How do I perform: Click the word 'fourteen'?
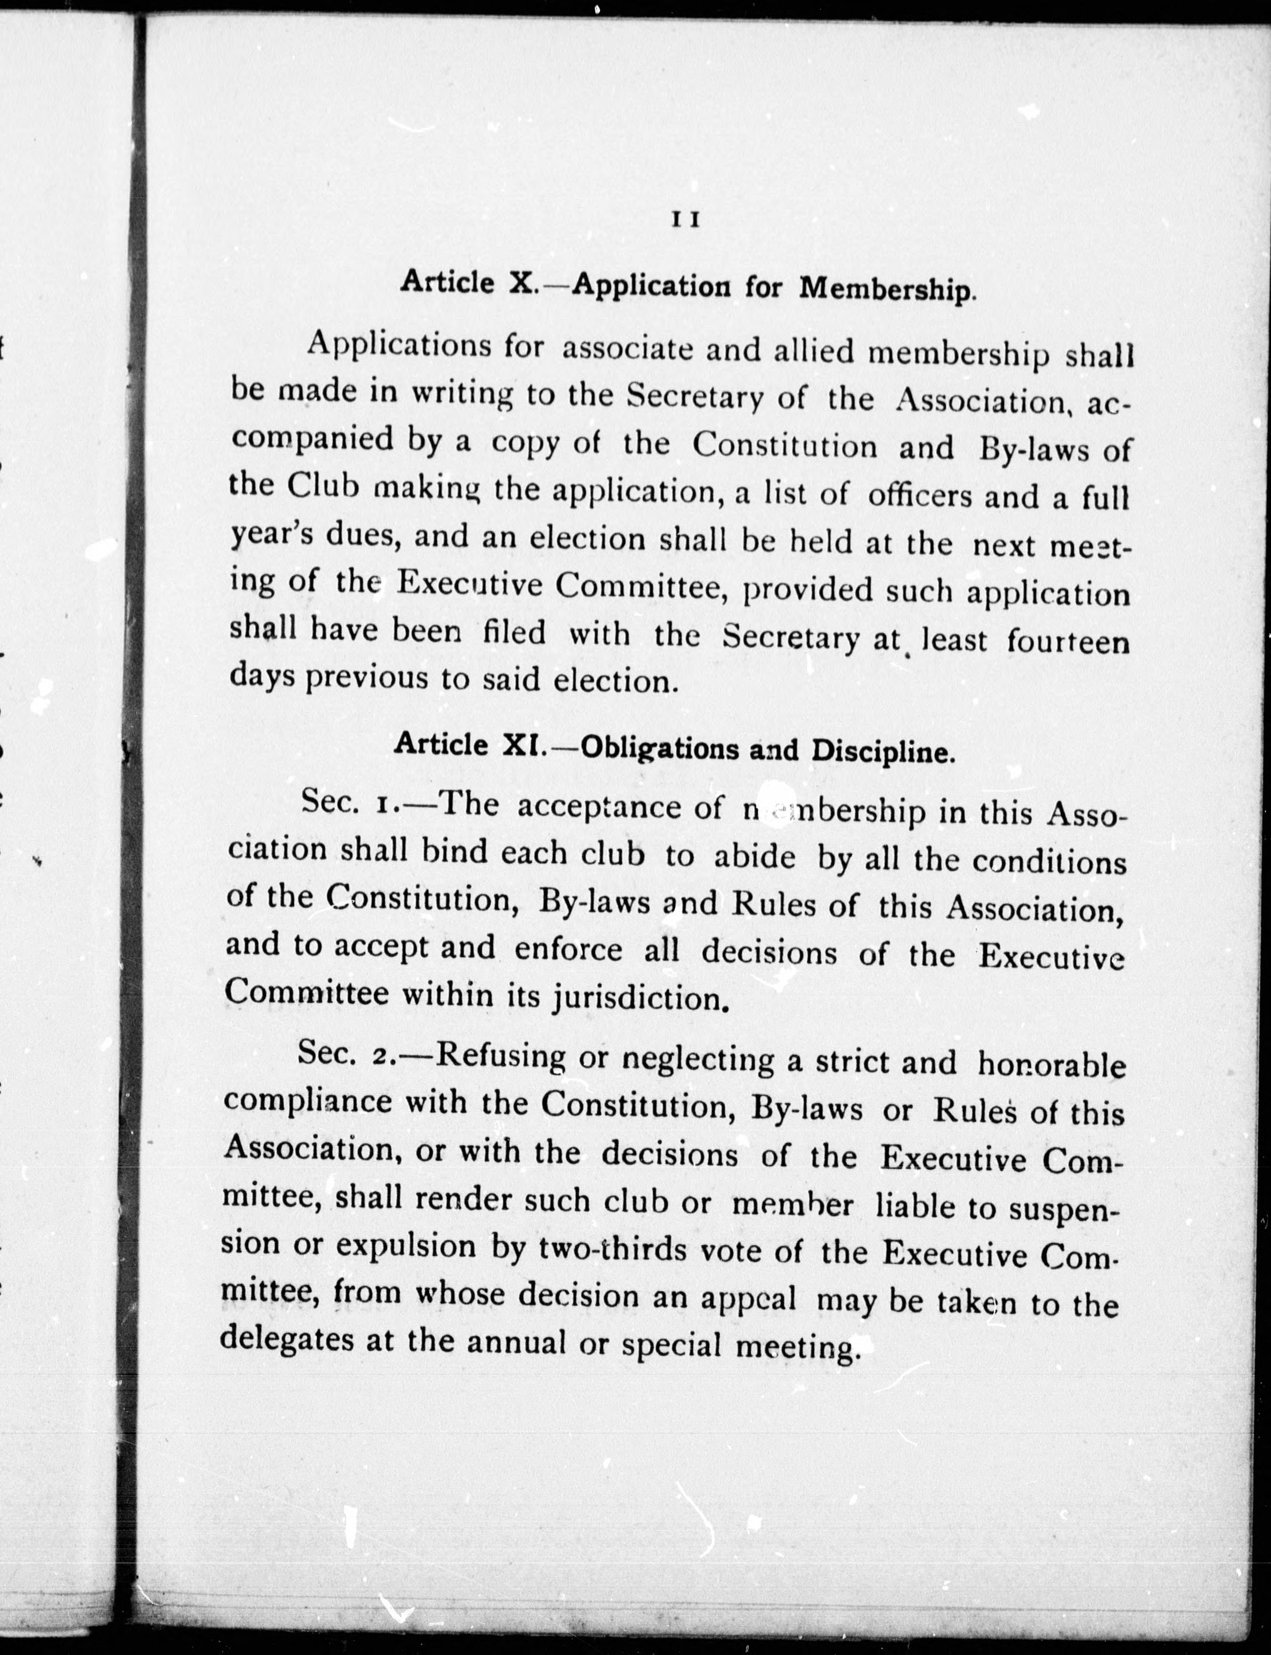[x=1068, y=642]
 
